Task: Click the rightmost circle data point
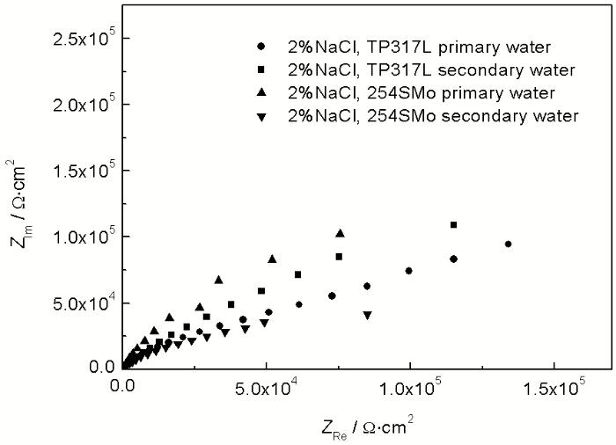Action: (508, 244)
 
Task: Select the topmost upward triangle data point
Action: (340, 233)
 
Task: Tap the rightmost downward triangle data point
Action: (367, 315)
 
